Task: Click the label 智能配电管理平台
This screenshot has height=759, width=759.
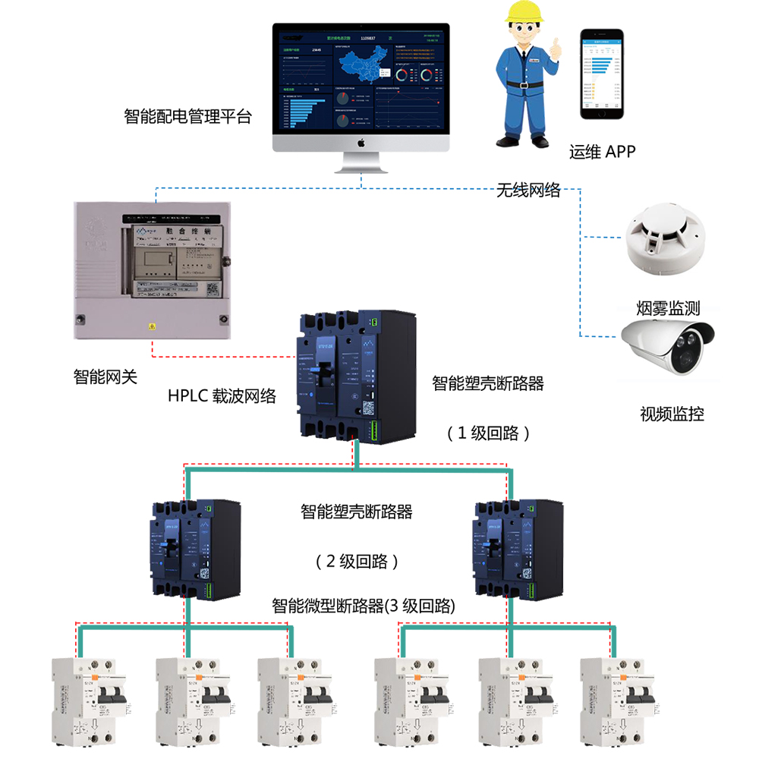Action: [187, 117]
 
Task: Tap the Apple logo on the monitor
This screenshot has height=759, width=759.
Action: [361, 142]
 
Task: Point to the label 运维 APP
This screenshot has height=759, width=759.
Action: [602, 152]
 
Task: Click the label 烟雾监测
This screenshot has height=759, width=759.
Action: [667, 308]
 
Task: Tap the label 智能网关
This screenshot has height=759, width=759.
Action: [106, 376]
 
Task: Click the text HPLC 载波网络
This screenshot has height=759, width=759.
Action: [222, 395]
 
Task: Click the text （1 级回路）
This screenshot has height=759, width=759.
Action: [488, 433]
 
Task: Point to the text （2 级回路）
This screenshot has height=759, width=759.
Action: [357, 562]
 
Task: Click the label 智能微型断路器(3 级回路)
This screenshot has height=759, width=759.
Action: [364, 606]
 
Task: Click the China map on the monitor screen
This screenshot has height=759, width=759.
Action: [364, 67]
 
